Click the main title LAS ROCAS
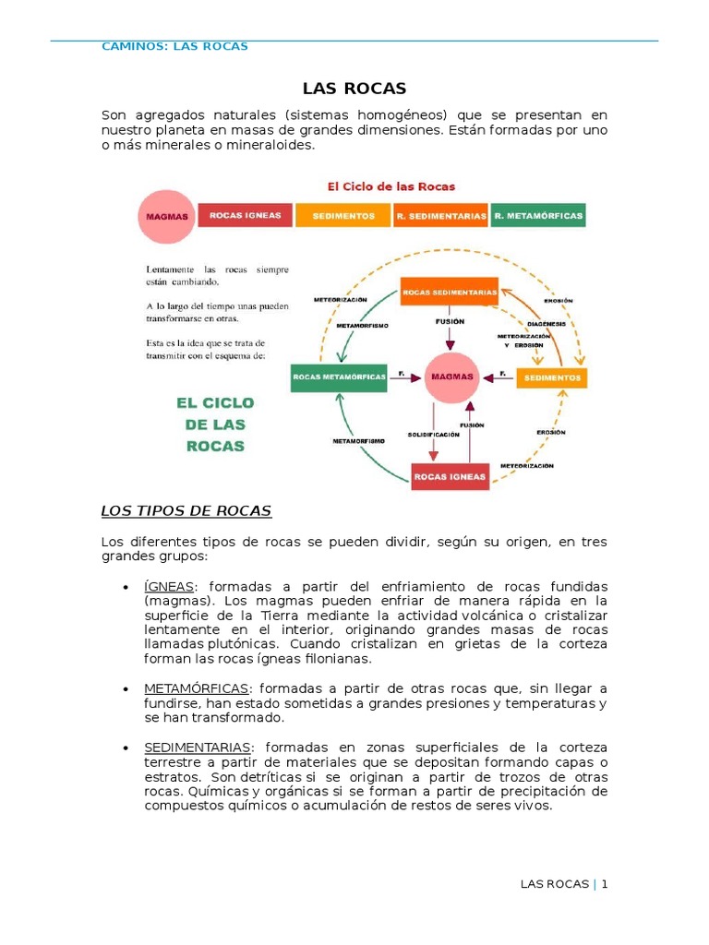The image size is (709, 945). coord(354,89)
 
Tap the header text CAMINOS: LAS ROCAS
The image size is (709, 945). coord(174,46)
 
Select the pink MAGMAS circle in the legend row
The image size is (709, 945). coord(167,217)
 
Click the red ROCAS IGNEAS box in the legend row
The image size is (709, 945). coord(245,215)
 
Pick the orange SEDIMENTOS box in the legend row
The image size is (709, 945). coord(343,215)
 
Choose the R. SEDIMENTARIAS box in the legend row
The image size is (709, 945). coord(441,215)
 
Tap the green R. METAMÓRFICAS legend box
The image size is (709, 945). coord(538,215)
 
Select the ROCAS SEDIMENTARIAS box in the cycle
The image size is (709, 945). coord(450,292)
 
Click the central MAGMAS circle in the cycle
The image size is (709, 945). coord(451,377)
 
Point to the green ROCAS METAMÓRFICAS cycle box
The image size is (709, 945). coord(338,377)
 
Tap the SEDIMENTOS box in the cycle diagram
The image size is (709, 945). coord(551,378)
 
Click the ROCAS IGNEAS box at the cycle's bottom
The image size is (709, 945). coord(449,476)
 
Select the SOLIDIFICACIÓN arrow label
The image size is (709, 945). coord(433,434)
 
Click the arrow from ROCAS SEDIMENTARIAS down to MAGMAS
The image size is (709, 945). coord(450,332)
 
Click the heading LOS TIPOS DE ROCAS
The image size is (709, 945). coord(186,510)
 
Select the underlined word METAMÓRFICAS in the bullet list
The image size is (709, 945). coord(197,688)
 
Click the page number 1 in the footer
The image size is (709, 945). coord(605,884)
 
